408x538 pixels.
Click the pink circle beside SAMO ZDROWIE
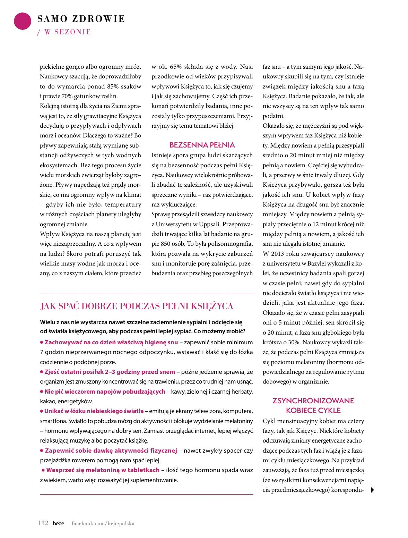23,21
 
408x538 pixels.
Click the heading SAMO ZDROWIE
81,19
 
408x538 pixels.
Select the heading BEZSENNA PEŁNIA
202,145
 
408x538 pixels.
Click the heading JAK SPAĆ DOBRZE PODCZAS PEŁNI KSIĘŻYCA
137,306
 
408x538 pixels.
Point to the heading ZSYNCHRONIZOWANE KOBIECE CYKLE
313,405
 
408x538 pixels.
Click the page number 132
43,523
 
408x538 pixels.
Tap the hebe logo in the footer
59,523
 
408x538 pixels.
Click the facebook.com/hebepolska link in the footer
103,523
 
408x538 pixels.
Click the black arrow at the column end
372,490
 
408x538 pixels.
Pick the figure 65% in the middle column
176,67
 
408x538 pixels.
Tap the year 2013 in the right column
278,254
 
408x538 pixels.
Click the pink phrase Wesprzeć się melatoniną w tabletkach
103,470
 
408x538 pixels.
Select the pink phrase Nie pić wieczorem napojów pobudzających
105,392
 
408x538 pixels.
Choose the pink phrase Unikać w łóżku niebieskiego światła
94,411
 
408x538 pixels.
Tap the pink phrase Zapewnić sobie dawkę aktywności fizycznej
111,451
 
